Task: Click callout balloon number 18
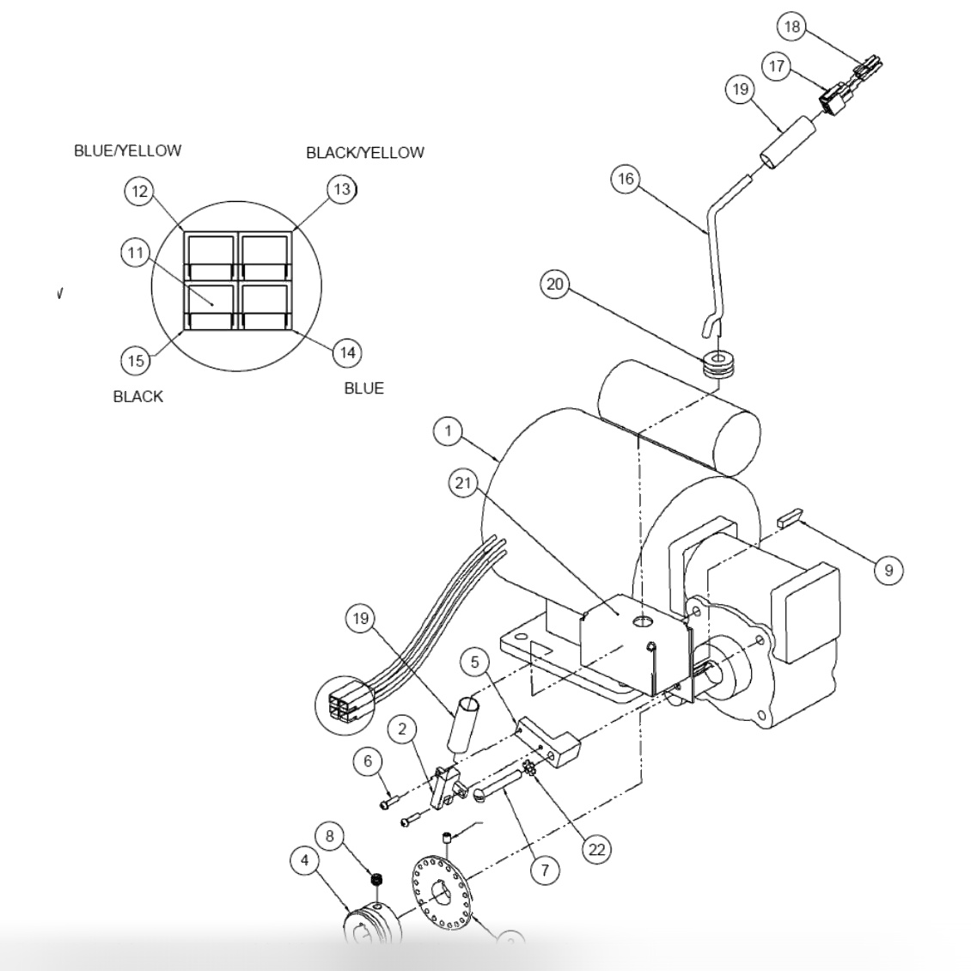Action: point(791,27)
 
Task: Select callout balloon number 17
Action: point(777,66)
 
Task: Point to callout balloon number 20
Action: point(555,284)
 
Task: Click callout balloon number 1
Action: point(448,431)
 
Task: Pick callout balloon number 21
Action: point(463,484)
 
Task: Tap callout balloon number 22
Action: point(595,849)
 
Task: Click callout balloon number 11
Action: point(135,253)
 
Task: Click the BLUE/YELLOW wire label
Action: point(127,150)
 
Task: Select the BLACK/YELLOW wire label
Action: point(364,152)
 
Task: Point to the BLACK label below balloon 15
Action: point(137,396)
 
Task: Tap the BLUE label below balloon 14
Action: point(363,388)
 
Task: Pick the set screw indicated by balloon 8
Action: point(376,878)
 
